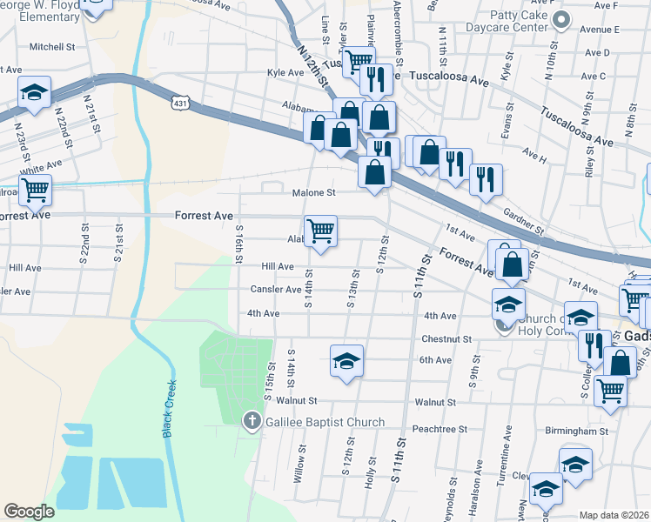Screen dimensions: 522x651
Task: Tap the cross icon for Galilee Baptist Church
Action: pos(252,421)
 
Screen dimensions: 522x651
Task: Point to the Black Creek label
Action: pos(169,408)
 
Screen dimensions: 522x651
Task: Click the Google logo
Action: pos(30,511)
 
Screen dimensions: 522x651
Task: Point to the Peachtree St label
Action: pos(440,429)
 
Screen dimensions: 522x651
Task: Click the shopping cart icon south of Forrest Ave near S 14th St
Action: pos(320,231)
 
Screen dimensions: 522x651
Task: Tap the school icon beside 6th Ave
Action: pos(346,360)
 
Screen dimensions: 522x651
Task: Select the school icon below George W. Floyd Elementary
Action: pos(34,91)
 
